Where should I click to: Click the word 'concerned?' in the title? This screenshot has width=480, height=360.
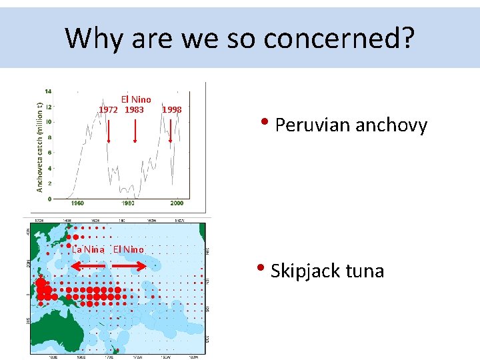(x=339, y=39)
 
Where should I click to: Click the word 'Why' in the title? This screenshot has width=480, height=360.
(x=94, y=39)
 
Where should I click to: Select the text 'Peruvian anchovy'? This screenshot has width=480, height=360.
(x=351, y=125)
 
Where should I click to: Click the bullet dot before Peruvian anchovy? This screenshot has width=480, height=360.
(x=265, y=123)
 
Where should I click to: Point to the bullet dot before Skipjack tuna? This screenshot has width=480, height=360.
(x=263, y=269)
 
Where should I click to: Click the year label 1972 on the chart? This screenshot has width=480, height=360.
(x=109, y=109)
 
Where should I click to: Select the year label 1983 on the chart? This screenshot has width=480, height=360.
(x=134, y=109)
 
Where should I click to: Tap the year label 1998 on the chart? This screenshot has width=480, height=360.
(x=172, y=109)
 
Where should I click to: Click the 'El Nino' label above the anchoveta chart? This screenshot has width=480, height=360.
(x=135, y=99)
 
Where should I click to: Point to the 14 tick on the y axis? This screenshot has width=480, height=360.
(x=49, y=91)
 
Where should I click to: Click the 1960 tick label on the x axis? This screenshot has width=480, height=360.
(x=77, y=203)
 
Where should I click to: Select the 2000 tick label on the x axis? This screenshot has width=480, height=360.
(x=177, y=203)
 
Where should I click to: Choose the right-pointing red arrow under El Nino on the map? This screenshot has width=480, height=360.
(x=128, y=265)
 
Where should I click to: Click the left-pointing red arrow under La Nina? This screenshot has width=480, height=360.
(x=88, y=265)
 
